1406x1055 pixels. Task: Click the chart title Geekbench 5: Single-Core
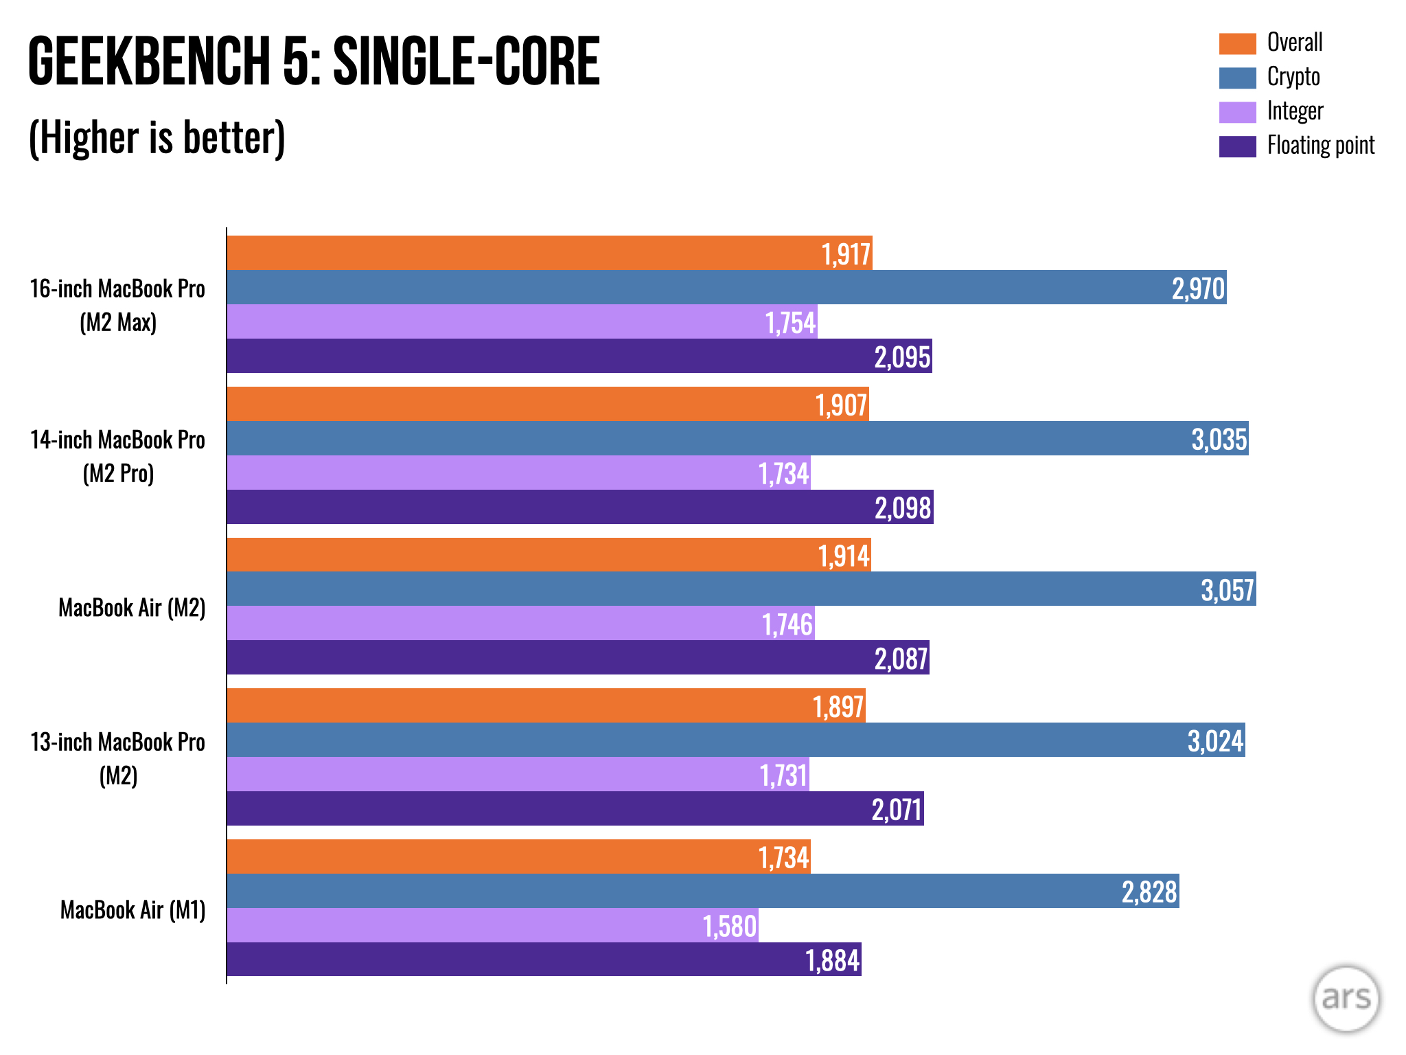coord(314,62)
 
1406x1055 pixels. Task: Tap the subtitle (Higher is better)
coord(157,137)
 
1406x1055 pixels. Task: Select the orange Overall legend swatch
coord(1237,43)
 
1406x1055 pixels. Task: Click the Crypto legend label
coord(1293,77)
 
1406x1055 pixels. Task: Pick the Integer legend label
coord(1294,111)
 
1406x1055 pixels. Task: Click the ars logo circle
coord(1346,998)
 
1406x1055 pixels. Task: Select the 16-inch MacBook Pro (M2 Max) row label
coord(117,305)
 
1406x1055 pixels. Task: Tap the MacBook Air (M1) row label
coord(132,910)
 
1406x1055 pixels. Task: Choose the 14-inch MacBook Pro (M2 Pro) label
coord(117,456)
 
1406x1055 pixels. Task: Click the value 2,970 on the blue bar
coord(1198,288)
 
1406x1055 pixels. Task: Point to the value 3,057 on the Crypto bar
coord(1227,590)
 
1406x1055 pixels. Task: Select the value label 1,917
coord(846,254)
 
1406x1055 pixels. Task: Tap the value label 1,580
coord(729,927)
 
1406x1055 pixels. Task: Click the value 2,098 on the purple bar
coord(902,508)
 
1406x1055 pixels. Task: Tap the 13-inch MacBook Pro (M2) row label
coord(117,758)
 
